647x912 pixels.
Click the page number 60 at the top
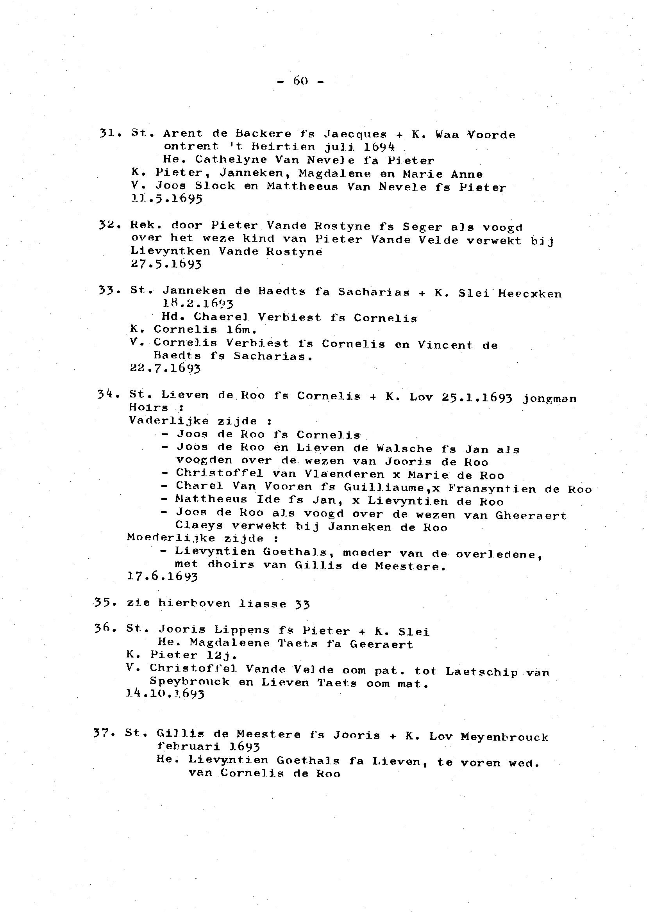coord(301,81)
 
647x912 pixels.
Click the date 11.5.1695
coord(166,198)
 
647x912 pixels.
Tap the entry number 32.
coord(107,225)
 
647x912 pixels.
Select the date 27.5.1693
coord(166,264)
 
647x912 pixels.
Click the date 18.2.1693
coord(198,305)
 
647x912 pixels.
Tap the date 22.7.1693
coord(165,368)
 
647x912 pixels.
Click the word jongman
coord(549,399)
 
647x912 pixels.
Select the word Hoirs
coord(148,407)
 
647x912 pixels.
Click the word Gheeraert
coord(531,515)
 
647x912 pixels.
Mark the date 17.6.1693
coord(162,576)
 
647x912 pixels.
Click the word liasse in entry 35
coord(263,604)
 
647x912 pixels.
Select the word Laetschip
coord(482,672)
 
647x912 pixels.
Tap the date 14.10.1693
coord(165,694)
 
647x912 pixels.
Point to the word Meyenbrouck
coord(504,737)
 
